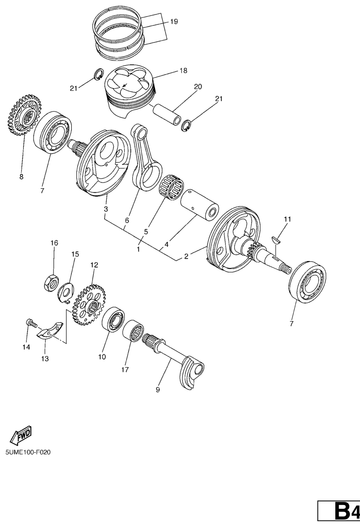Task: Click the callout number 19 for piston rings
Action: pos(174,22)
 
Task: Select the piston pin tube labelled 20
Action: pos(167,114)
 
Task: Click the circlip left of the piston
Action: pos(98,74)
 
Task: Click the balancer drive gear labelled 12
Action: pos(89,304)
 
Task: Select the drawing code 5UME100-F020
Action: pos(28,452)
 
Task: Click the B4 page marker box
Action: pos(339,512)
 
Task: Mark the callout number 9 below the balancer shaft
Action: pos(158,390)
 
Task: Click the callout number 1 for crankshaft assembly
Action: pos(138,249)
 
